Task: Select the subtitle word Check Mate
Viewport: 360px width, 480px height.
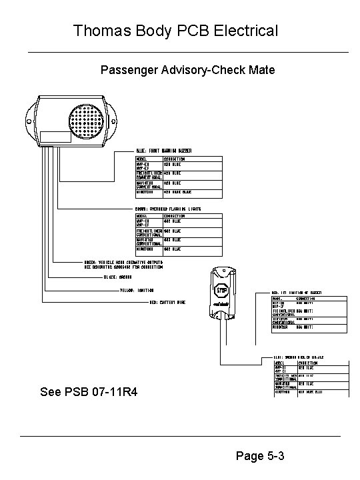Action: coord(244,69)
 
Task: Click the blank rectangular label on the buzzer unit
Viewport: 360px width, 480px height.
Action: coord(55,138)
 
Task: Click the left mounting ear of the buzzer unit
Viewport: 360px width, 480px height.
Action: coord(33,115)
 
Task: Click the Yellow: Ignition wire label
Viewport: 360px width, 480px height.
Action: coord(137,290)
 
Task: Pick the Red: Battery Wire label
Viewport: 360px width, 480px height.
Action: coord(166,302)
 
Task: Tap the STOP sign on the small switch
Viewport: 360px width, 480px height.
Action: coord(223,290)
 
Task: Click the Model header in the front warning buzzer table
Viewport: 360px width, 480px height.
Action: coord(141,159)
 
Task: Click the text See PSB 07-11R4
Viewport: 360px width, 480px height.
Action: coord(89,392)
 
